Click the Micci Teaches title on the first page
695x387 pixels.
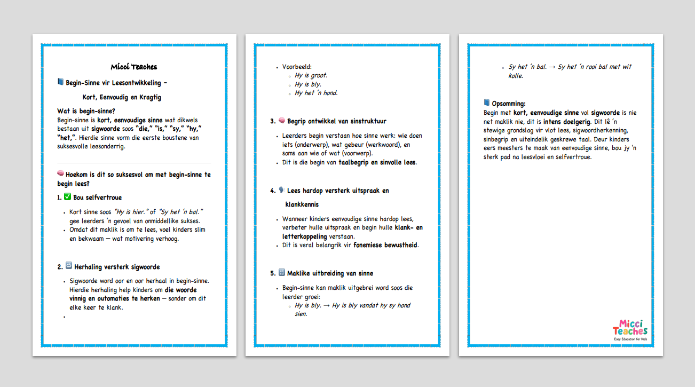click(x=134, y=67)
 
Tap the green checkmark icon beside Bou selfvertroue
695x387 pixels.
click(x=67, y=197)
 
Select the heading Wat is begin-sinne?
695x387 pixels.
click(x=86, y=111)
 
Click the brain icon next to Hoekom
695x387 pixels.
click(x=60, y=173)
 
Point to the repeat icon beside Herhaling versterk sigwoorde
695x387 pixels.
click(x=68, y=266)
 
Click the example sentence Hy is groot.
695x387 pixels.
click(x=311, y=75)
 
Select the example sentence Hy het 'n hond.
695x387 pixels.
click(x=316, y=93)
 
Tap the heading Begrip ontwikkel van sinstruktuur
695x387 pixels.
click(x=336, y=121)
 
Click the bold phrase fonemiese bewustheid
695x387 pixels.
click(x=386, y=245)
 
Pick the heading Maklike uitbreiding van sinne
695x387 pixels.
click(x=330, y=273)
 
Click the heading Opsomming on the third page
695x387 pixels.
click(x=508, y=104)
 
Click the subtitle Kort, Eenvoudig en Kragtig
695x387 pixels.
click(x=122, y=97)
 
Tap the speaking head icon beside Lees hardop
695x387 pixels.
click(x=281, y=190)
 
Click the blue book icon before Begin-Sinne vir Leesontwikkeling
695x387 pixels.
click(x=60, y=82)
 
